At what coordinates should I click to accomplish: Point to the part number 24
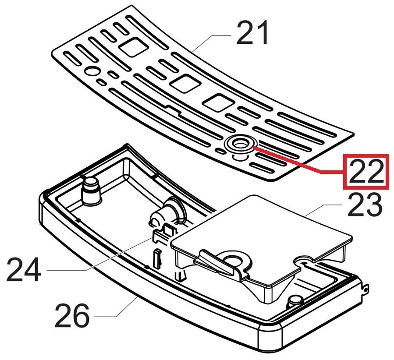[24, 271]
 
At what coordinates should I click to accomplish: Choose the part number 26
[72, 316]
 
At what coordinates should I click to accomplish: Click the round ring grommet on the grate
[238, 143]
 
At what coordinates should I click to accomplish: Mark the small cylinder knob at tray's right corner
[295, 301]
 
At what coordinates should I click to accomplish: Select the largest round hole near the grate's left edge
[93, 71]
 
